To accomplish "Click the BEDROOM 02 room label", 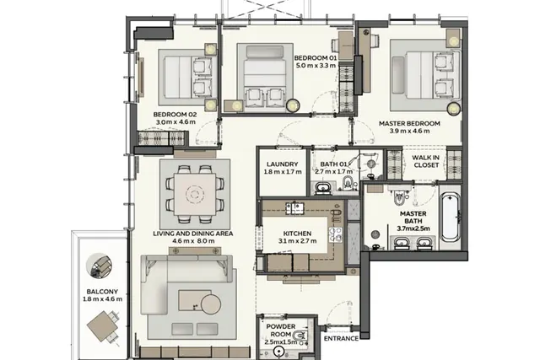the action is click(x=175, y=115).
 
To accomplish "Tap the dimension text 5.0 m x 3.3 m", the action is click(x=315, y=66).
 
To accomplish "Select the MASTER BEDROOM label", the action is click(x=409, y=123).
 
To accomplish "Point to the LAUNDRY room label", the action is click(x=282, y=164).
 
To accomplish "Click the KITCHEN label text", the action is click(x=297, y=234).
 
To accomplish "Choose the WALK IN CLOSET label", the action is click(x=425, y=161).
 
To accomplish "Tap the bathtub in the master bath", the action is click(x=451, y=217).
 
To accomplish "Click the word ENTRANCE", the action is click(x=341, y=338).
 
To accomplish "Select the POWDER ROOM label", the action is click(x=281, y=330).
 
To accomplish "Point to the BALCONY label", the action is click(x=102, y=291).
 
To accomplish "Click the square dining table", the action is click(x=195, y=195).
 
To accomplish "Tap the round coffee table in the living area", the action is click(x=211, y=304).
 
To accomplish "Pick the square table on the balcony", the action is click(x=102, y=326).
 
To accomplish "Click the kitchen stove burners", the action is click(x=336, y=234).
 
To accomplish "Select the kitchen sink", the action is click(x=294, y=207).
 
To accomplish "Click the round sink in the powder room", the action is click(x=278, y=351).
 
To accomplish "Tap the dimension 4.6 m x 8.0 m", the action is click(x=193, y=241).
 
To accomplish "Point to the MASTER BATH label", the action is click(x=413, y=218).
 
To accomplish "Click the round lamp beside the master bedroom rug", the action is click(x=454, y=109).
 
